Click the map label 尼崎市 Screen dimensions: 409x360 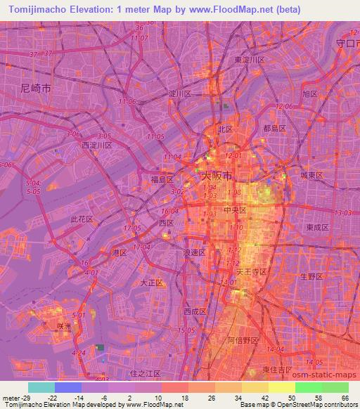[37, 89]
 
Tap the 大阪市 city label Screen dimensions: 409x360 [216, 175]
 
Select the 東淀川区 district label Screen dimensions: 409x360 [250, 60]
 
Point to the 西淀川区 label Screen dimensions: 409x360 [97, 145]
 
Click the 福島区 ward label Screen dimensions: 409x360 [161, 179]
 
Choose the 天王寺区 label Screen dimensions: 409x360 [249, 271]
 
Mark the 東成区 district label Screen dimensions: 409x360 [318, 227]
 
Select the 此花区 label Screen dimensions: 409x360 [82, 219]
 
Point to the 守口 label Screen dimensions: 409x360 [345, 43]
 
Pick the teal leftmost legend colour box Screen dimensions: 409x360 [41, 387]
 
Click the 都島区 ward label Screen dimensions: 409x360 [275, 129]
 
